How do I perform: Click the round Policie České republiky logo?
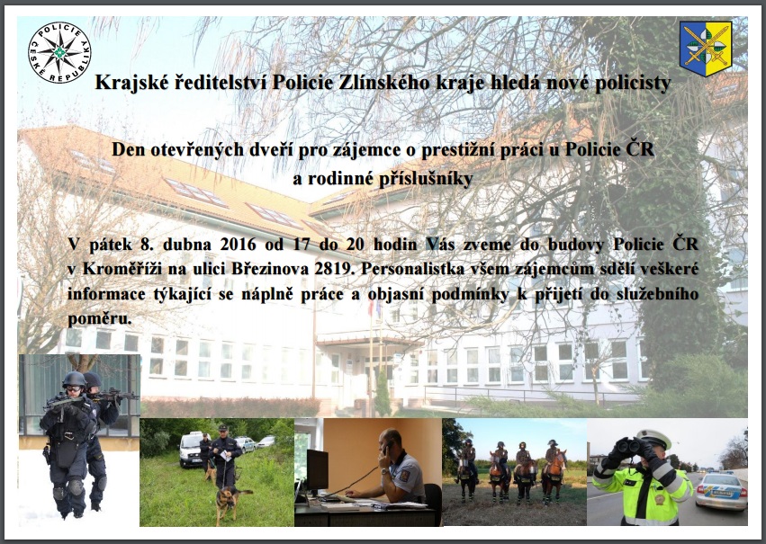coord(59,52)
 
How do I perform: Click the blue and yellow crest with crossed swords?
coord(706,49)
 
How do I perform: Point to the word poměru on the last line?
coord(100,319)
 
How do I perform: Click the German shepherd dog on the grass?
coord(230,503)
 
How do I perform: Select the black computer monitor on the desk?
coord(317,470)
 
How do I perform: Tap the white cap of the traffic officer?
coord(653,439)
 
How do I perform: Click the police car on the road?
coord(722,491)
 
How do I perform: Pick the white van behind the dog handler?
coord(191,449)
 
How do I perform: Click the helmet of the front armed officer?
coord(74,379)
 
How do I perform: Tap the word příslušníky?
coord(426,180)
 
